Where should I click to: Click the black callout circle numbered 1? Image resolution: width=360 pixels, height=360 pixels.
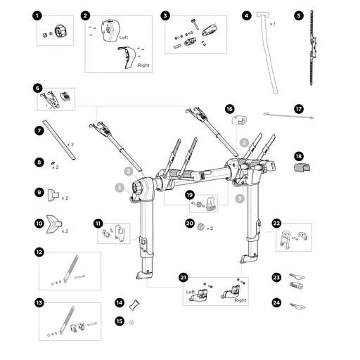click(x=37, y=16)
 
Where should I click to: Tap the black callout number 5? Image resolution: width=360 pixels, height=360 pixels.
click(x=299, y=15)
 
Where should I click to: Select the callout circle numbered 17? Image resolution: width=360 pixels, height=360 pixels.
click(x=299, y=109)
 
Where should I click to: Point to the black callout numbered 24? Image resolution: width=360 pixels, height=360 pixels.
click(x=276, y=302)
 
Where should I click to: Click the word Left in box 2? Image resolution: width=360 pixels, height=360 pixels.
click(x=124, y=37)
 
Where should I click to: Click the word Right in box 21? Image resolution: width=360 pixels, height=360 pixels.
click(x=240, y=300)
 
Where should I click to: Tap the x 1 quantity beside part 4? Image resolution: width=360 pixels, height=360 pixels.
click(x=272, y=24)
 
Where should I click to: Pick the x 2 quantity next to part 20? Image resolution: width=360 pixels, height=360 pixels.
click(x=210, y=229)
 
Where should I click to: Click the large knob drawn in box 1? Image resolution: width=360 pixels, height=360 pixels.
click(x=61, y=32)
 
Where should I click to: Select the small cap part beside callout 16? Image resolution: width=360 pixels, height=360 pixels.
click(x=239, y=120)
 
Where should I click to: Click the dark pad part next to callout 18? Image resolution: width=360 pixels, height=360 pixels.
click(x=302, y=167)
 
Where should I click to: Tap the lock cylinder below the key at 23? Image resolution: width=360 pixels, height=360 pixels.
click(x=297, y=285)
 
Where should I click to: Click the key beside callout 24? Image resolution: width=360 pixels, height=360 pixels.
click(x=297, y=307)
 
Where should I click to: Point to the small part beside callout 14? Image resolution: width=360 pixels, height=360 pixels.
click(x=134, y=304)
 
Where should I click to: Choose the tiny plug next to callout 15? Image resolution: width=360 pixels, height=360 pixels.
click(x=131, y=323)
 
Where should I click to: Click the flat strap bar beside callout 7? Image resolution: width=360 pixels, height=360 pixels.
click(x=59, y=140)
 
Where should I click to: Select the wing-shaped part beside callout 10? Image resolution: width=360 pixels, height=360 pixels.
click(x=54, y=224)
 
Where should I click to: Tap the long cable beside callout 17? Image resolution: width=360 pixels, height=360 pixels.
click(x=288, y=116)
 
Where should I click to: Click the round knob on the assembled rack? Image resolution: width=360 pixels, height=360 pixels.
click(x=139, y=187)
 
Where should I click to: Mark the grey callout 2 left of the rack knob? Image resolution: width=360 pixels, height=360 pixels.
click(x=128, y=172)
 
